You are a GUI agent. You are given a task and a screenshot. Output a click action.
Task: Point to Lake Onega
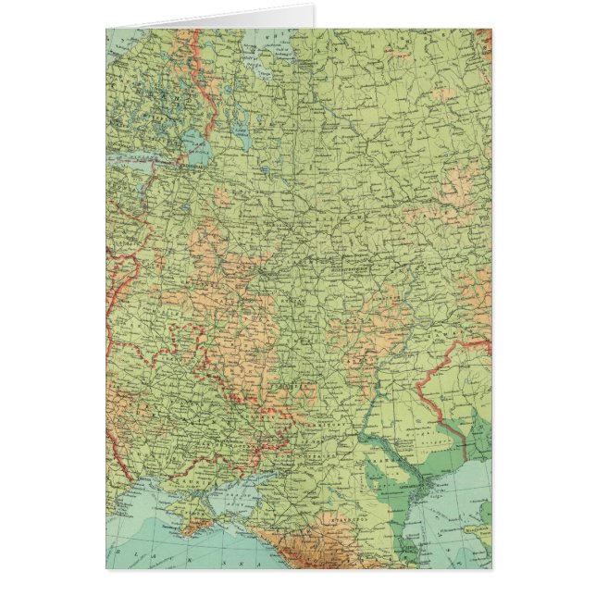coord(242,130)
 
